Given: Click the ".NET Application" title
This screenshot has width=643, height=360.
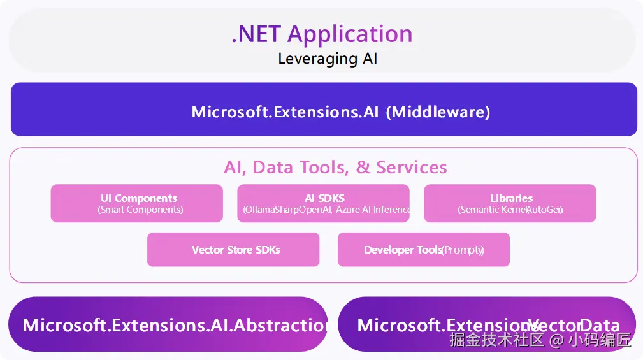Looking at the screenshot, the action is coord(322,34).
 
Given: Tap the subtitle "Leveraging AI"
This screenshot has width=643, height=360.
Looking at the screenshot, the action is coord(328,59).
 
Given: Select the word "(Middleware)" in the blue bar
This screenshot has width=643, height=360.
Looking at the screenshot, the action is coord(440,112).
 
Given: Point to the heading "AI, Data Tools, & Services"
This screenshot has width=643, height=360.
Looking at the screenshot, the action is coord(335,168).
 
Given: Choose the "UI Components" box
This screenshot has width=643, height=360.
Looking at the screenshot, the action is coord(136,203).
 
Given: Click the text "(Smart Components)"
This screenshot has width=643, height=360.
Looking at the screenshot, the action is coord(140,210).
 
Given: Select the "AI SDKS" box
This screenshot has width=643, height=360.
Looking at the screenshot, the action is coord(323,203).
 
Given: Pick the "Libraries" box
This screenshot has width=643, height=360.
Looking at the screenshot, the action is coord(510,203).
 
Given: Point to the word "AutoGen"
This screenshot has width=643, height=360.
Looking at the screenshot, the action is coord(545,210).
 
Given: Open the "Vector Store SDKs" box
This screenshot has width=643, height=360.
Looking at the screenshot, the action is coord(233,250).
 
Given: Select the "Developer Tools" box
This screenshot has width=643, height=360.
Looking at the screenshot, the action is coord(424,250).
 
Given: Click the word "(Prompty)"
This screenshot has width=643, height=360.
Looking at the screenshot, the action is coord(463,250).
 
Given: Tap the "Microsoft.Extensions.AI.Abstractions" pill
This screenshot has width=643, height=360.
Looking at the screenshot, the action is coord(168,325).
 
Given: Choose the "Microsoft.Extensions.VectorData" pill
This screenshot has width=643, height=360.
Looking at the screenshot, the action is coord(487,325).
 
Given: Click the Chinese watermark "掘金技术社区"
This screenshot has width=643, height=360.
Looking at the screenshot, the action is coord(497,340).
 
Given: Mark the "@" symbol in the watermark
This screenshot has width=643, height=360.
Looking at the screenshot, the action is coord(556,340).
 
